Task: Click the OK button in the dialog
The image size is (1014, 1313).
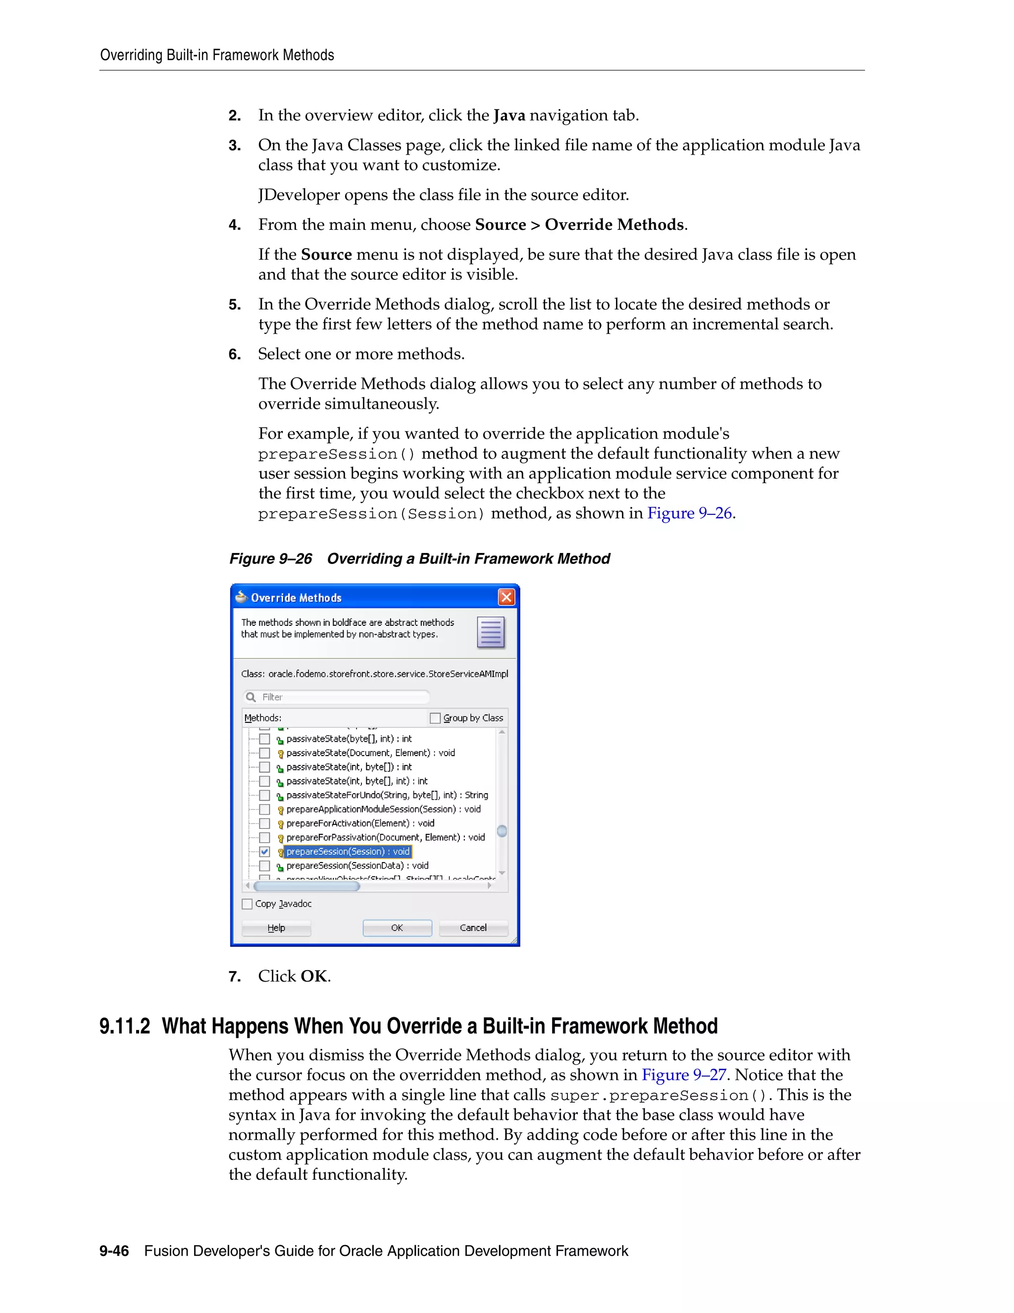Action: pyautogui.click(x=397, y=928)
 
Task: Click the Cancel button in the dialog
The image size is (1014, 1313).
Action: pyautogui.click(x=473, y=928)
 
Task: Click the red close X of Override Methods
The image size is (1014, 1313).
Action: pyautogui.click(x=507, y=597)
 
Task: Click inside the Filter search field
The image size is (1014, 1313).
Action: pyautogui.click(x=343, y=697)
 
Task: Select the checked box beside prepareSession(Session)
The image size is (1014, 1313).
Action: pyautogui.click(x=264, y=852)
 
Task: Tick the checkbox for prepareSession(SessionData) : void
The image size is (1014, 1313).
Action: pyautogui.click(x=264, y=866)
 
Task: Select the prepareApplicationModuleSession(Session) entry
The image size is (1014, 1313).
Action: pyautogui.click(x=383, y=809)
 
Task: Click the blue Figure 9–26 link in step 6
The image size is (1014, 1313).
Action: pyautogui.click(x=689, y=513)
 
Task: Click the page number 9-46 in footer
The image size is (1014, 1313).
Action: pyautogui.click(x=114, y=1251)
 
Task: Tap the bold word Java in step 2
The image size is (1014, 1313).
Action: pyautogui.click(x=509, y=115)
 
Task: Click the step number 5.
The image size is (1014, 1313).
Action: pyautogui.click(x=234, y=305)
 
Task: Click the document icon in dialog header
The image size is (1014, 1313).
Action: pyautogui.click(x=491, y=632)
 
